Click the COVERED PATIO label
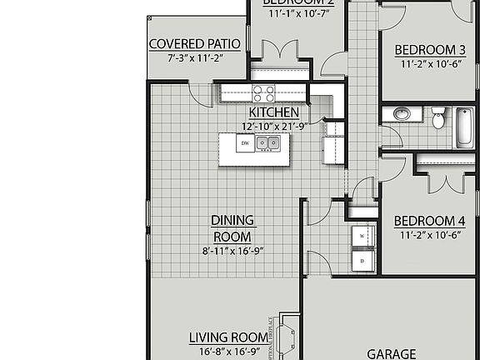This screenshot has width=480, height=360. pos(194,44)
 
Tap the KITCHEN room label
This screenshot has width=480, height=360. pos(273,112)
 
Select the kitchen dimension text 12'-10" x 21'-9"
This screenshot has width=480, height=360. pos(273,126)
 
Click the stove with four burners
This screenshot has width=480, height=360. pos(264,92)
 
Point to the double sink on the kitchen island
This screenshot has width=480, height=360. pos(267,143)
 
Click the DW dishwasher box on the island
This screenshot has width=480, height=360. pos(245,144)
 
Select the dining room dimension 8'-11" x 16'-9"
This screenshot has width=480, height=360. pos(232,250)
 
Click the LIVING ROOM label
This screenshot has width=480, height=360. pos(228,337)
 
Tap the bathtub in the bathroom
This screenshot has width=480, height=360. pos(463,127)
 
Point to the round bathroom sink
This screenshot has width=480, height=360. pos(400,114)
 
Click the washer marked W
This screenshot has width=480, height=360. pos(362,237)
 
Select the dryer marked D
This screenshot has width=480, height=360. pos(362,261)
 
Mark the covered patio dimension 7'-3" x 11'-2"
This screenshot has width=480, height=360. pos(194,58)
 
